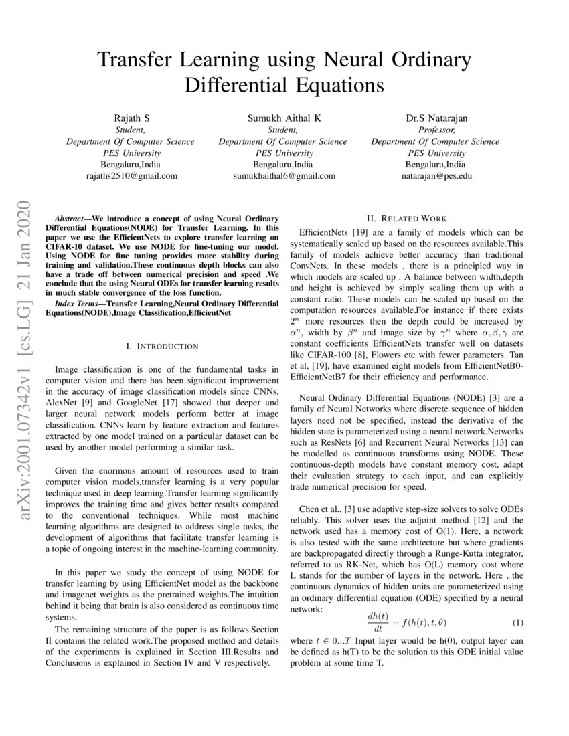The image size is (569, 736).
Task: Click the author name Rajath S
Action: (131, 118)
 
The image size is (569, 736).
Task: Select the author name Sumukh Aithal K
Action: (284, 118)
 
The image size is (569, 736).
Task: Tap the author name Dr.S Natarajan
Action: (436, 118)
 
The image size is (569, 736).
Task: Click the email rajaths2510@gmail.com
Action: (131, 176)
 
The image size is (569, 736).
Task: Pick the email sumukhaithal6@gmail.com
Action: (284, 176)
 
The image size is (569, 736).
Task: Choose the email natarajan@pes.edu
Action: (436, 176)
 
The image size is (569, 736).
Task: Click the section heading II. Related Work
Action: (406, 218)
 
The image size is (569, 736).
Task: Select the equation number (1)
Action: (517, 622)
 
